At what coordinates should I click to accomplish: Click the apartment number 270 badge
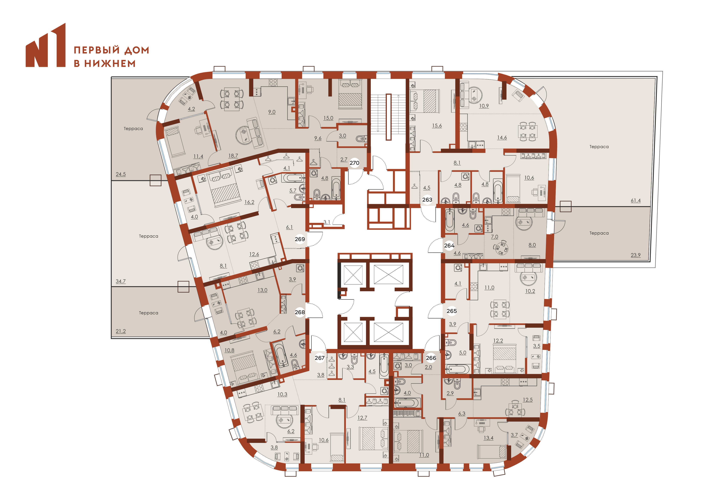(354, 163)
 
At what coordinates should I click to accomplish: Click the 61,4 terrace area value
(635, 201)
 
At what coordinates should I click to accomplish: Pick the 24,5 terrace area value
(121, 174)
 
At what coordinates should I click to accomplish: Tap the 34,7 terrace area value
(121, 281)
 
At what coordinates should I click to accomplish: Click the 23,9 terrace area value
(635, 255)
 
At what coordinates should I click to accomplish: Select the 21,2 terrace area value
(121, 331)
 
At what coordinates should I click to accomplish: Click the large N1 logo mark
(46, 45)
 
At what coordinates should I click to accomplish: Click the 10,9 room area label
(484, 106)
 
